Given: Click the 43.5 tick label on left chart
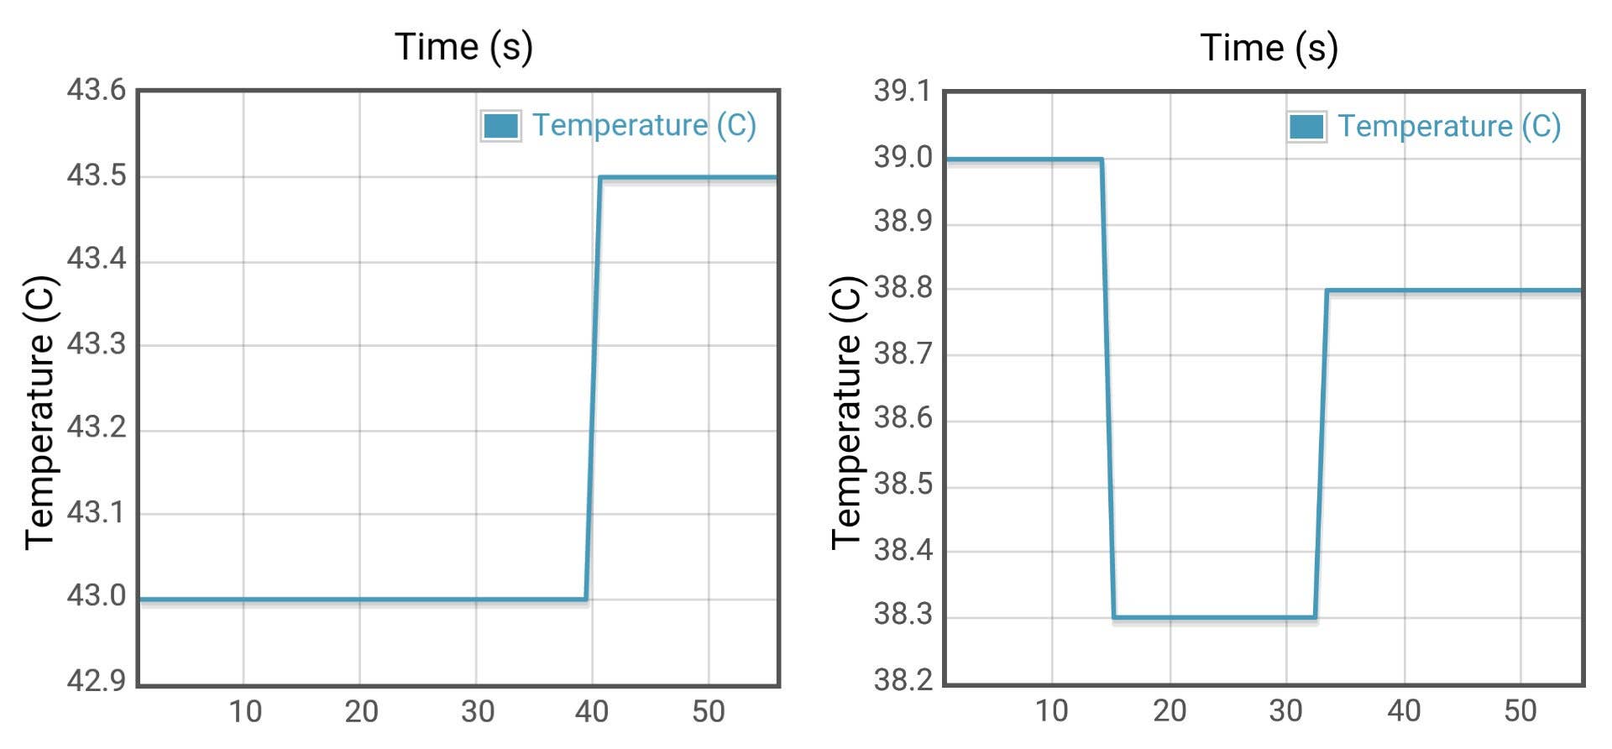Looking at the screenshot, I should [x=96, y=175].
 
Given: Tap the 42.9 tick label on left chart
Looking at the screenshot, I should [x=96, y=680].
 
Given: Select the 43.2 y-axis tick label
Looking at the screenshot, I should [x=96, y=427].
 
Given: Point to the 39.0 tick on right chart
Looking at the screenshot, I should [x=903, y=157].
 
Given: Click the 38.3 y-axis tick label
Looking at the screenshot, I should [x=903, y=615].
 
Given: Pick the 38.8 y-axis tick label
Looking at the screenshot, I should [x=903, y=288].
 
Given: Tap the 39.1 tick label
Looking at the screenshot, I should [x=903, y=91].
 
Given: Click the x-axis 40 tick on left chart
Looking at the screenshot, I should [x=592, y=712].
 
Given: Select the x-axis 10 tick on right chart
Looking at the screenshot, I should [x=1051, y=711].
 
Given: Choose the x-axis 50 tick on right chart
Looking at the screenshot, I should [x=1520, y=711].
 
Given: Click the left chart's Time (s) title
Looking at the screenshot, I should [x=463, y=47].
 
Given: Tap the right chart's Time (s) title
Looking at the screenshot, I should [x=1269, y=48].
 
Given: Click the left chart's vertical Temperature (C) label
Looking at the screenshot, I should [x=39, y=412].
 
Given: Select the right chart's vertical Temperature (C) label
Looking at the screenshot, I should [x=845, y=412].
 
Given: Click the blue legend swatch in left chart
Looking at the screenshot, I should [x=500, y=126].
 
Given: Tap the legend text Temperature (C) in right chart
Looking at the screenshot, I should [x=1449, y=126].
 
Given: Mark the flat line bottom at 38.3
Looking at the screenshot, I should [x=1214, y=618].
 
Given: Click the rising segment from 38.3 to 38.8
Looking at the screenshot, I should [x=1321, y=453].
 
